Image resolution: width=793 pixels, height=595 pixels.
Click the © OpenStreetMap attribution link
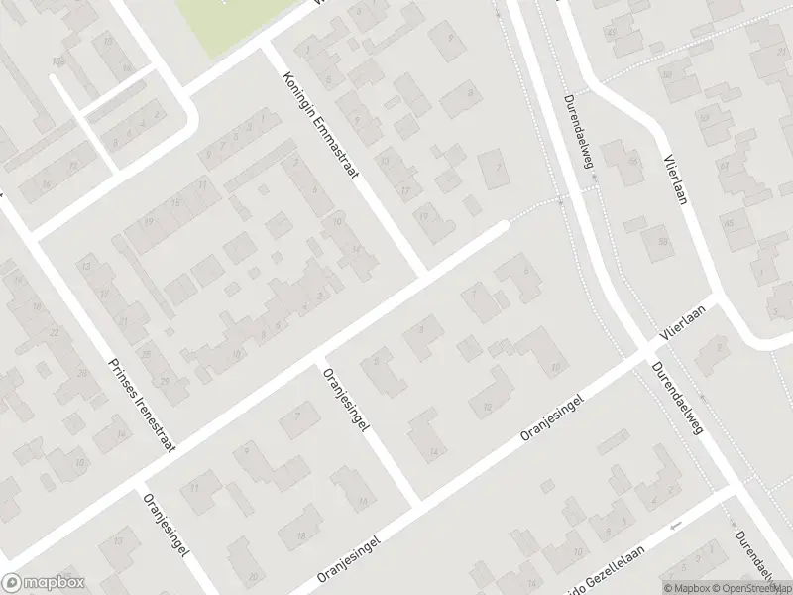coord(753,587)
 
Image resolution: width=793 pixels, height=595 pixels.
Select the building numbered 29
coord(165,381)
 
